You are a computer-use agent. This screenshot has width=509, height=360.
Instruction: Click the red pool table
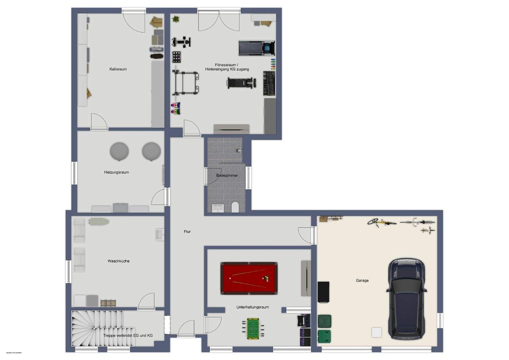pos(249,278)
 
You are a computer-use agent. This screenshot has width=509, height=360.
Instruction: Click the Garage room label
pos(362,280)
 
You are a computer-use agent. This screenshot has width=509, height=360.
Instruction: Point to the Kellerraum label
pos(118,69)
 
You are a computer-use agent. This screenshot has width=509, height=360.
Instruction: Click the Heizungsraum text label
pos(116,173)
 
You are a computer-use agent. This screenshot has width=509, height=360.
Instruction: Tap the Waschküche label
pos(118,261)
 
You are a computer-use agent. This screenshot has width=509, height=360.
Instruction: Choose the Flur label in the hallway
pos(187,232)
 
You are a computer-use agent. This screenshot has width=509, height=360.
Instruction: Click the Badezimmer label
pos(227,175)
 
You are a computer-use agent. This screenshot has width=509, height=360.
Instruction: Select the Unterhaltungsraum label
pos(252,307)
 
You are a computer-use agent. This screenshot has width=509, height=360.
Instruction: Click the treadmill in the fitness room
pos(257,48)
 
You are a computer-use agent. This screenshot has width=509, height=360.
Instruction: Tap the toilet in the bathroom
pos(235,207)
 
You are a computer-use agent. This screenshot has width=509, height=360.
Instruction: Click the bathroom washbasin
pos(218,208)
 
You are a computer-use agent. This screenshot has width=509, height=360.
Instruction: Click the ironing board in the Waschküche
pos(99,222)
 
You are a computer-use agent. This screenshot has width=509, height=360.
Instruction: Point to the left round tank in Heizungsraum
pos(119,151)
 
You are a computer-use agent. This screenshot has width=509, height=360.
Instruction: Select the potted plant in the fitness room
pos(176,18)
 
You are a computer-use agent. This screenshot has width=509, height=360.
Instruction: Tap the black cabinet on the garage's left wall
pos(323,292)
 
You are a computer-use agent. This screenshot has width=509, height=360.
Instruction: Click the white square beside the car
pos(376,332)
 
